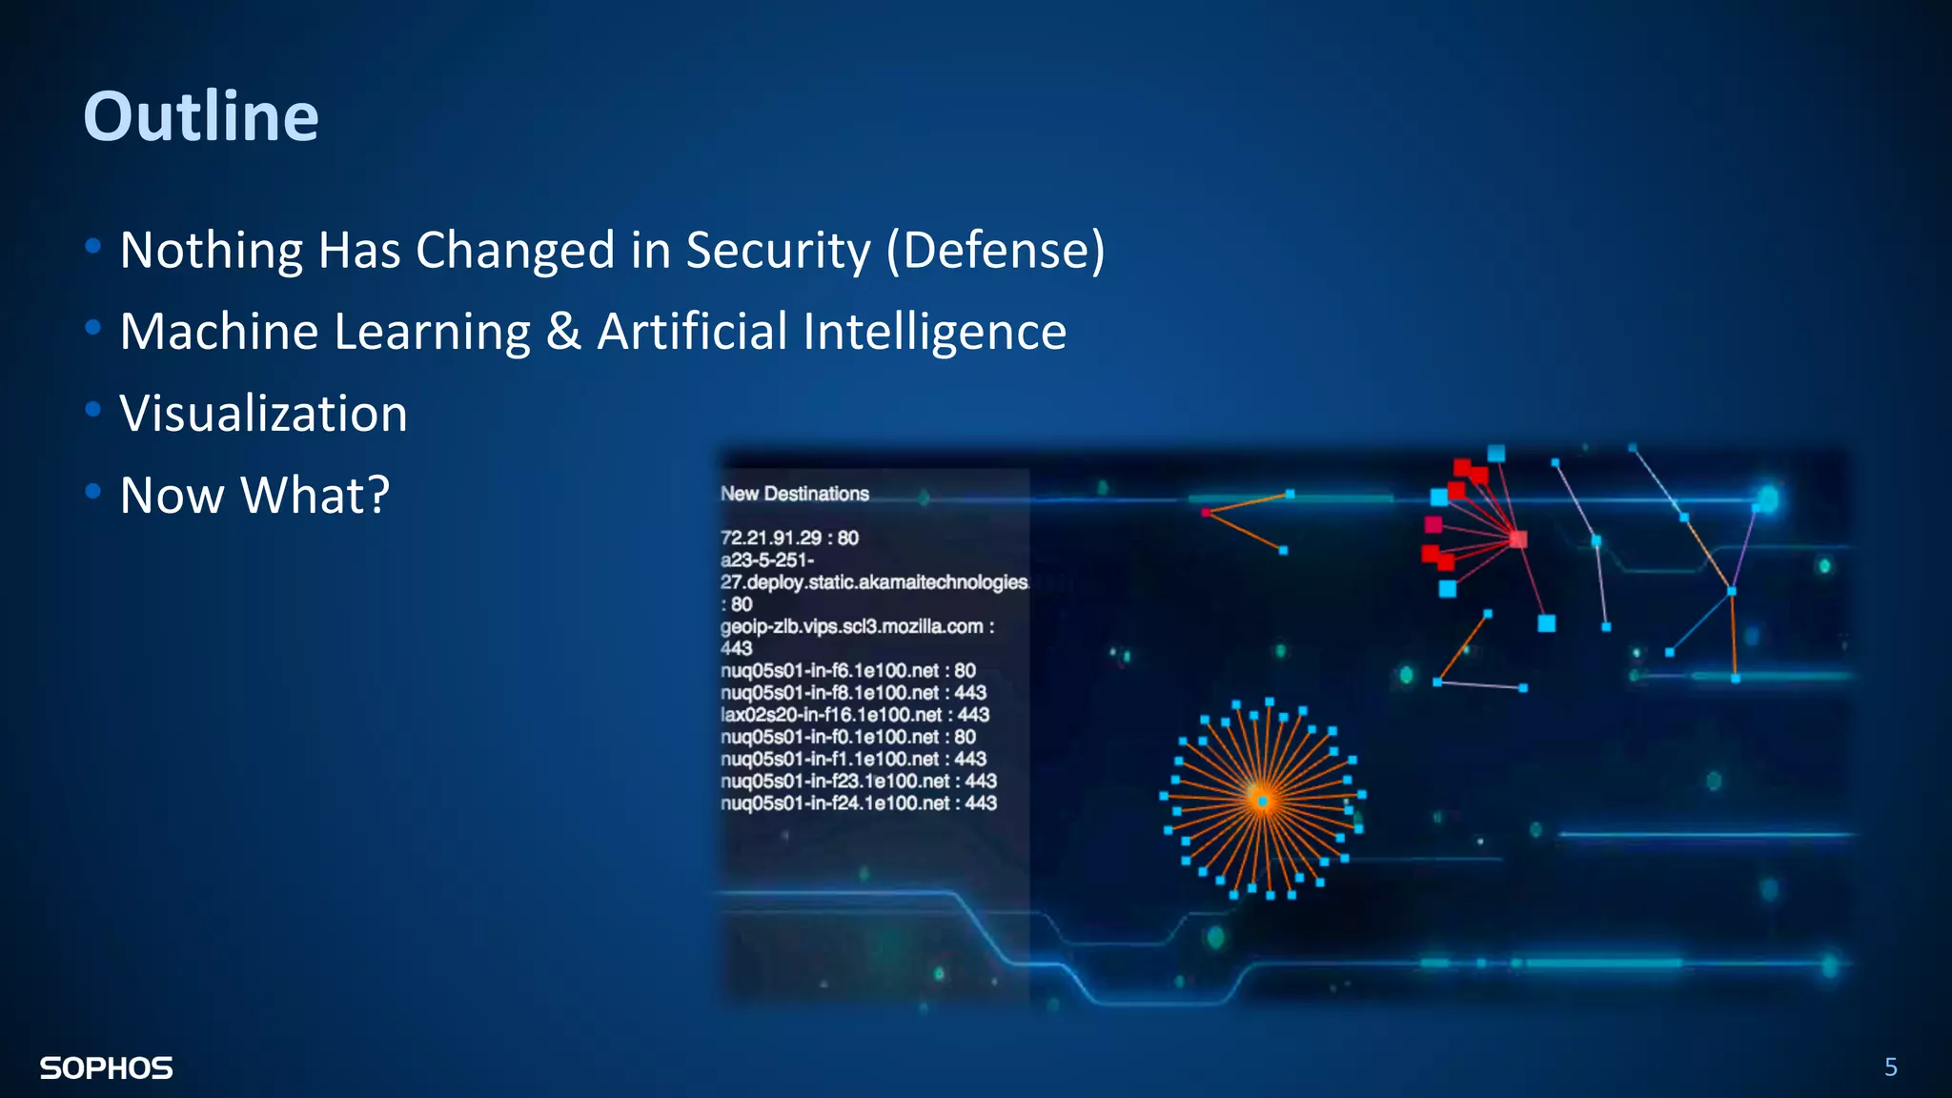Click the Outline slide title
pos(201,116)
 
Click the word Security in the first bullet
pos(778,251)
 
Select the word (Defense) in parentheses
pos(995,251)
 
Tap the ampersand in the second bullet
pos(563,332)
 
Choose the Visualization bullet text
pos(263,414)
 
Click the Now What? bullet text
pos(254,496)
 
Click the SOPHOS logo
pos(106,1068)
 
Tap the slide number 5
pos(1891,1067)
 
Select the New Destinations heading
pos(795,494)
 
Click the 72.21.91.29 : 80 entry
pos(789,538)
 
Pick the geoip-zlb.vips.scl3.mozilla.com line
pos(856,626)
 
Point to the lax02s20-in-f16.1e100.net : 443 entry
pos(855,715)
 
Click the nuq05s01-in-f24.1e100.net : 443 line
pos(858,803)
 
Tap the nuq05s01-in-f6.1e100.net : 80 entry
pos(847,670)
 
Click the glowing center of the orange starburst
pos(1262,801)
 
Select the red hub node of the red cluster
pos(1517,539)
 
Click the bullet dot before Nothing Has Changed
pos(92,247)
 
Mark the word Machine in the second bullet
pos(219,333)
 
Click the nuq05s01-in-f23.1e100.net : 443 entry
pos(858,782)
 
